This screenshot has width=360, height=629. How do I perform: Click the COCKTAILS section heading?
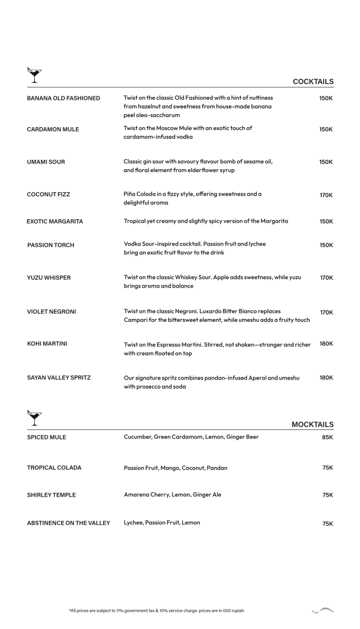point(313,82)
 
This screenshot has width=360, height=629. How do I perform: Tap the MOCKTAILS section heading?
point(312,424)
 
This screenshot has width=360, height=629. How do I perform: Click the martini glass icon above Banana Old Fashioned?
point(34,73)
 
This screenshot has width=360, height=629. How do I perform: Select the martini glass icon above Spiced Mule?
point(34,417)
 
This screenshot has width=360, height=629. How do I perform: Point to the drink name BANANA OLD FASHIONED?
point(63,98)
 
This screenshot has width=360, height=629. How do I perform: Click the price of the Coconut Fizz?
point(326,195)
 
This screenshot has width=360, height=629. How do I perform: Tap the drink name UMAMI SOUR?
point(46,162)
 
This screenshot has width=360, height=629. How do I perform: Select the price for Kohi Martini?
point(326,344)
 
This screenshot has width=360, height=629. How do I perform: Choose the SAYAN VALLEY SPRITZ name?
point(59,378)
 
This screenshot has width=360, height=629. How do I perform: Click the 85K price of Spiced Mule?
point(327,437)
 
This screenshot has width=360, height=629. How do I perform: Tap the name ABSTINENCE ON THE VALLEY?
point(68,523)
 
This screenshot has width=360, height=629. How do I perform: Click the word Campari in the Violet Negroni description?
point(137,320)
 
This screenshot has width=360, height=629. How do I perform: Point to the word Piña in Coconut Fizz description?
point(131,194)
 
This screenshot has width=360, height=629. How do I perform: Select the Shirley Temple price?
point(327,495)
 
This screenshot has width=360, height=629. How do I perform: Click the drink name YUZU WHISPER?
point(49,277)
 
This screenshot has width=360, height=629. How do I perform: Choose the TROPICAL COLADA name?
point(54,468)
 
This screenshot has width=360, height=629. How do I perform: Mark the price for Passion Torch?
point(326,245)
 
